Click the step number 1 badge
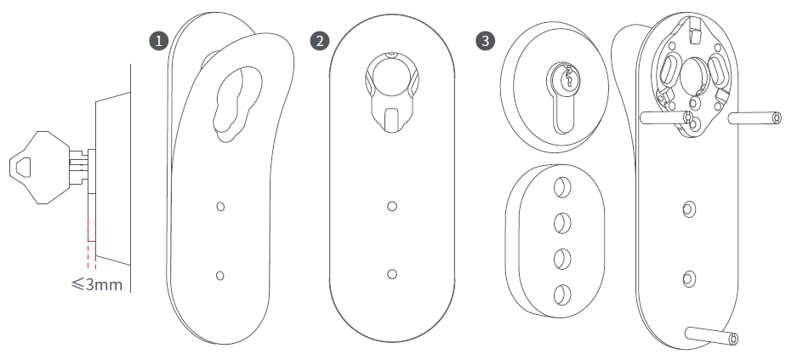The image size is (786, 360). tap(159, 41)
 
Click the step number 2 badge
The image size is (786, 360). tap(320, 41)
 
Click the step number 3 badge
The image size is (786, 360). tap(485, 41)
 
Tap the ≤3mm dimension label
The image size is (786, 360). tap(97, 284)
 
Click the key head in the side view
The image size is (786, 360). tap(40, 168)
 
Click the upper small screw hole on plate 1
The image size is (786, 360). tap(220, 206)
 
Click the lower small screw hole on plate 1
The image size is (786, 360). tap(219, 275)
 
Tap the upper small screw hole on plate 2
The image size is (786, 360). tap(392, 206)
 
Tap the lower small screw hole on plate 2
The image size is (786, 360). tap(392, 274)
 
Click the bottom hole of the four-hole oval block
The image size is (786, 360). tap(562, 294)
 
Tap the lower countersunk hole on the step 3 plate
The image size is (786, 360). tap(689, 278)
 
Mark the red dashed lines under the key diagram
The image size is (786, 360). tap(92, 244)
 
